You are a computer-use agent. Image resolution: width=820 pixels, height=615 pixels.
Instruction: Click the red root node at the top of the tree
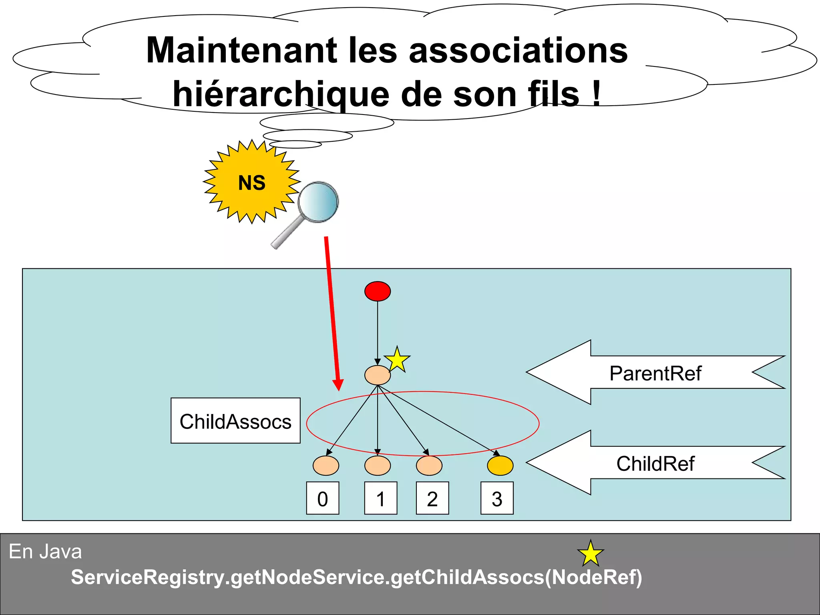(378, 291)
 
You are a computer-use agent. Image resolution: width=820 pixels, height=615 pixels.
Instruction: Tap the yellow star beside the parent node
(397, 359)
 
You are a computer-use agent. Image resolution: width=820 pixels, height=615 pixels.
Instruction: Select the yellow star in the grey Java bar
(591, 553)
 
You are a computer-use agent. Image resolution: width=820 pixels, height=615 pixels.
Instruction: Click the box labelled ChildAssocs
(235, 420)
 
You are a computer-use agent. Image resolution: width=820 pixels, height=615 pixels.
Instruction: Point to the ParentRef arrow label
(655, 373)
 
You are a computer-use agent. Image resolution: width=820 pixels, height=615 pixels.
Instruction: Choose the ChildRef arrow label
(655, 463)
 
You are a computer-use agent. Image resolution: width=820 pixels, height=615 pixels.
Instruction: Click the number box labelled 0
(323, 498)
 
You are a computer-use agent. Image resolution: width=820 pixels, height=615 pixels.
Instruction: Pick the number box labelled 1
(380, 498)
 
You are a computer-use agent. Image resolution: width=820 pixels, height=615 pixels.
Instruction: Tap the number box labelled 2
(432, 498)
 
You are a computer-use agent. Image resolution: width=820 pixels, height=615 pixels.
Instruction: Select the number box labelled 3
(497, 498)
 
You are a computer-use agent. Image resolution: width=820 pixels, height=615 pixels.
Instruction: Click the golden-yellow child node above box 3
(500, 466)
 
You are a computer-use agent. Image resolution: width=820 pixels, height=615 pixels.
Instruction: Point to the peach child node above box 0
(326, 466)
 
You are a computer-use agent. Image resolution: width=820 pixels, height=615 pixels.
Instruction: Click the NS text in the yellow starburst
(252, 183)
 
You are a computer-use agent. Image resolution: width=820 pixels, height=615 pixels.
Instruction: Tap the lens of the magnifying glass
(318, 202)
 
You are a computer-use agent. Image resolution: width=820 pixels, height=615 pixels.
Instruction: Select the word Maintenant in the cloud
(242, 50)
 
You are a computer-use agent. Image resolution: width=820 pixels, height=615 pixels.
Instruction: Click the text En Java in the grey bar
(45, 551)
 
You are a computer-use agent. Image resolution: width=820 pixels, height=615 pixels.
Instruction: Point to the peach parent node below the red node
(378, 375)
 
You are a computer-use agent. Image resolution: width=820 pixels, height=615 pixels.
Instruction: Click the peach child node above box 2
(429, 466)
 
